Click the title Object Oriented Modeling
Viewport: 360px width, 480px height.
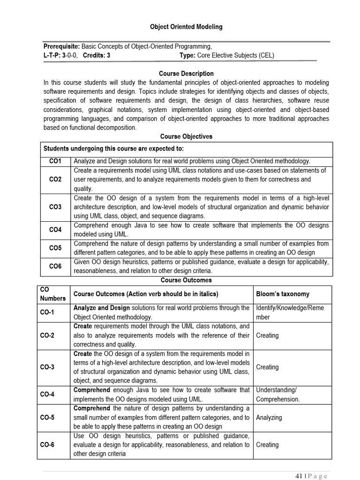[186, 27]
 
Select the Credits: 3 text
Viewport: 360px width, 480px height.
[97, 55]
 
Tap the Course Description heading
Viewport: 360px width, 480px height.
[186, 74]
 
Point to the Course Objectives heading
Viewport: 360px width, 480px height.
[186, 136]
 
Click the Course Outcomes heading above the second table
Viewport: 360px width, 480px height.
[186, 280]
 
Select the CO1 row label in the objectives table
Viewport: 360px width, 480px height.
[55, 161]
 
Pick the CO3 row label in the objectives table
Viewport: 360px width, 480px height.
[55, 207]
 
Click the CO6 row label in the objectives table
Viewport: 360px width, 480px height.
[55, 266]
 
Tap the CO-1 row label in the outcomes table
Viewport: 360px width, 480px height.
[47, 312]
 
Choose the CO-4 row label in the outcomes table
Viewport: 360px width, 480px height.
[47, 395]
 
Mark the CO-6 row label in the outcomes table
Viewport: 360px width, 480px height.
[47, 445]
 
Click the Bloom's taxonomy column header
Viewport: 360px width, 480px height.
[283, 294]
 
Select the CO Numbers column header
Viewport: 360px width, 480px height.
[52, 294]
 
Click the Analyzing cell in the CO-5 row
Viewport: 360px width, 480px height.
[269, 417]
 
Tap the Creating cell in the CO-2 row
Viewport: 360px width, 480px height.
[267, 336]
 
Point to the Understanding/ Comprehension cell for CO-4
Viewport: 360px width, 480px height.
[277, 395]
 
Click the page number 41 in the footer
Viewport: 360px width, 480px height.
[299, 476]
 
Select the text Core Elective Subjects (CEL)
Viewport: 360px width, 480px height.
[235, 55]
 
